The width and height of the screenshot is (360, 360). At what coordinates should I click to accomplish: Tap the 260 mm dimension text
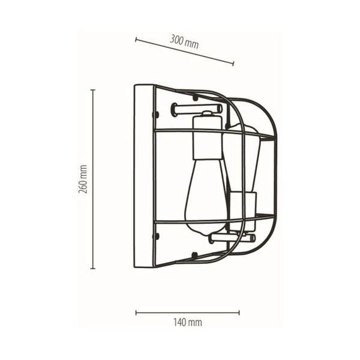(83, 179)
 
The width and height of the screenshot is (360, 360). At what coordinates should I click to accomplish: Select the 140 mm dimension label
(187, 322)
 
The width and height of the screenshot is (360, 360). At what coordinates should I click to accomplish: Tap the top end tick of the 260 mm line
(93, 90)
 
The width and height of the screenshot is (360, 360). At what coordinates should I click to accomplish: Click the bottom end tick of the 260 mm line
(93, 268)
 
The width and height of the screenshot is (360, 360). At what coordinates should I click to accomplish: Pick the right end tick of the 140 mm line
(239, 312)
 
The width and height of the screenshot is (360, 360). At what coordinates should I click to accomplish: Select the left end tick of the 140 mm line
(136, 312)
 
